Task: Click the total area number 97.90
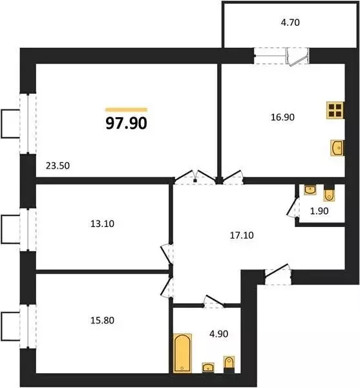coord(127,123)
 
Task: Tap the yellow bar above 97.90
coord(127,109)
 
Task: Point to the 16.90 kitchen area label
coord(282,118)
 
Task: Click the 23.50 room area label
coord(58,166)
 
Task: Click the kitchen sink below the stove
coord(337,148)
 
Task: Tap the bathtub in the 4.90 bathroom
coord(182,352)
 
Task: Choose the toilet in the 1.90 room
coord(328,193)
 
